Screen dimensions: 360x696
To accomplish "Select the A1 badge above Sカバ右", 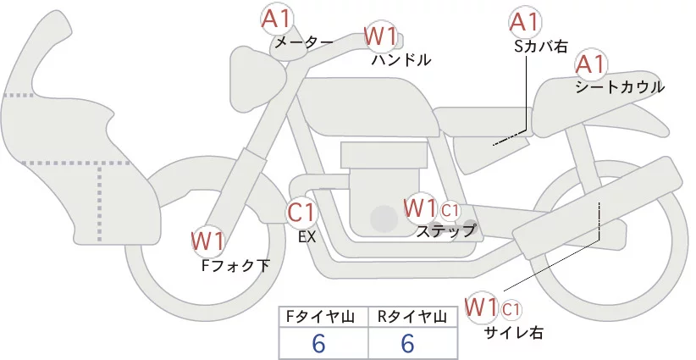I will click(524, 22).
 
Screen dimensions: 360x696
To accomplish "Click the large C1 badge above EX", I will click(301, 212).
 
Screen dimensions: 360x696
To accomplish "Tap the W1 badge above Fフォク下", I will click(207, 241).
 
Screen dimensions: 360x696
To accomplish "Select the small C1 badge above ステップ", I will click(450, 209).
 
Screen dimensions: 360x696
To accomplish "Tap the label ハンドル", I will click(401, 60).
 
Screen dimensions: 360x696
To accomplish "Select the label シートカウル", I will click(619, 87).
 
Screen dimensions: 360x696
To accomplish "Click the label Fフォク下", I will click(235, 265).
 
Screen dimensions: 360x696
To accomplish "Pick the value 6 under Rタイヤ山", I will click(407, 343).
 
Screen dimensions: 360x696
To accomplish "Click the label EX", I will click(307, 238).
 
